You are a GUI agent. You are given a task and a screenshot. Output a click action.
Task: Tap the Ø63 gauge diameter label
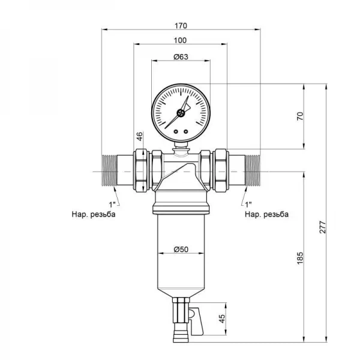point(181,57)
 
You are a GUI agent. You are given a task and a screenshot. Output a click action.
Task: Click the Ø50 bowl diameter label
point(181,248)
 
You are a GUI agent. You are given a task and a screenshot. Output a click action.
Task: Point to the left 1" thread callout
point(114,203)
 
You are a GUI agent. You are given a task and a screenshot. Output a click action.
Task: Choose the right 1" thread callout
point(248,203)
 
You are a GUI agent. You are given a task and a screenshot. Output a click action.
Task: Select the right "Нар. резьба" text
point(266,215)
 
